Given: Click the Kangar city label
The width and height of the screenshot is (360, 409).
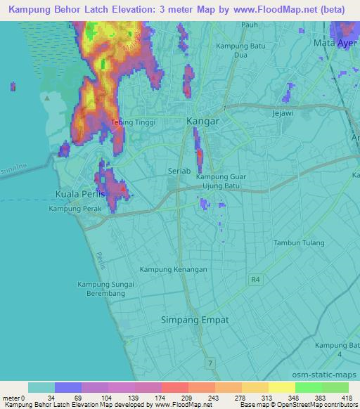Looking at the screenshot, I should [203, 121].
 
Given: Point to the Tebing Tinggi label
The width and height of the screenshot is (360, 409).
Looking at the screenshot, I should [134, 122].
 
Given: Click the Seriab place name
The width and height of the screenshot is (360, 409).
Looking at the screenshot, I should [180, 171].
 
